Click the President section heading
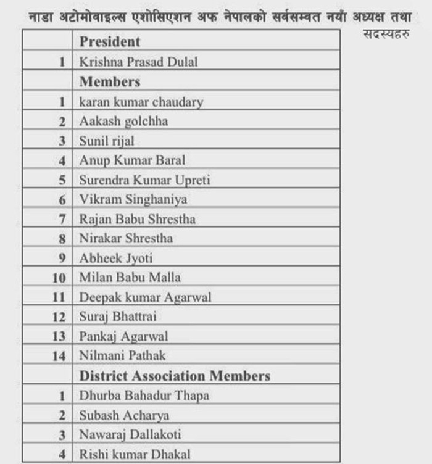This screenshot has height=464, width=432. [x=110, y=42]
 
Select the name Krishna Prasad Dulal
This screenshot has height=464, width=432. [x=138, y=62]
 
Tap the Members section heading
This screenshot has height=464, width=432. [x=110, y=81]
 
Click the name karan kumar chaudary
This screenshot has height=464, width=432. [x=141, y=102]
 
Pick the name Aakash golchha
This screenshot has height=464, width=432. [x=123, y=122]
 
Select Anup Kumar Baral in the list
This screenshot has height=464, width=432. [x=132, y=160]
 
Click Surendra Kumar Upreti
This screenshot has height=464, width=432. [x=144, y=180]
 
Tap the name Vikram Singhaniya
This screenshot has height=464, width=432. [x=133, y=200]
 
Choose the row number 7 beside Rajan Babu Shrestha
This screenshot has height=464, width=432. [x=62, y=219]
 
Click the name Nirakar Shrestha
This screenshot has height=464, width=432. [x=126, y=238]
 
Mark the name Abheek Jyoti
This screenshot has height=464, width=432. [x=115, y=259]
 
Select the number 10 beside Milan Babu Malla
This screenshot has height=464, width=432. [x=59, y=278]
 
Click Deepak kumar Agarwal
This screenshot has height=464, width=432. [x=145, y=297]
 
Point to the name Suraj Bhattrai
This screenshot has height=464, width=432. [x=117, y=317]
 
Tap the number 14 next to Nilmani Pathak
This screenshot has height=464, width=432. [x=59, y=356]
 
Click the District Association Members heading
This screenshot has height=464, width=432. [x=175, y=376]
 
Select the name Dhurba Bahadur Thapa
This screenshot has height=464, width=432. [x=144, y=396]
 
